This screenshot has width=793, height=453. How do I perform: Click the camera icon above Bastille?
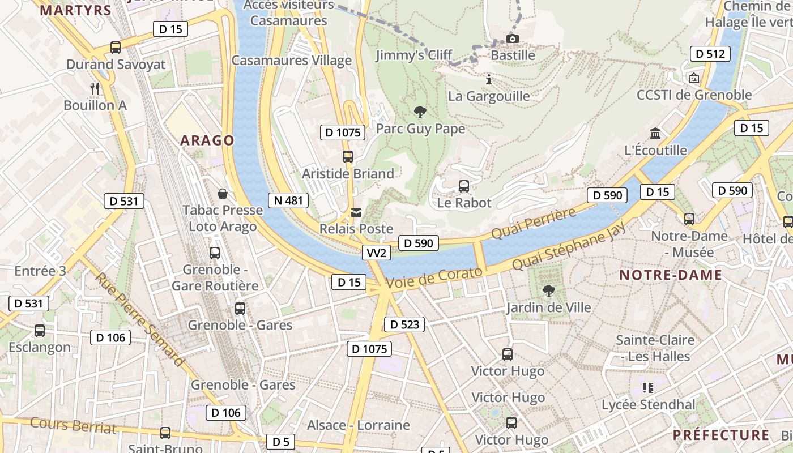[512, 39]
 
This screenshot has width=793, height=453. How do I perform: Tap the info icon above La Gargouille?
[489, 79]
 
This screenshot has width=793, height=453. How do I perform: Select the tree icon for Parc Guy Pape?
[420, 112]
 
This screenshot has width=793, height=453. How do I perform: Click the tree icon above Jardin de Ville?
[548, 291]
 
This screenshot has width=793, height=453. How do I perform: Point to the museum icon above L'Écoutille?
[655, 134]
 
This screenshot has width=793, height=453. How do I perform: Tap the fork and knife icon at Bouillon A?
[95, 88]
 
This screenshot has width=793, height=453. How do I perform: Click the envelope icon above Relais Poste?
[356, 213]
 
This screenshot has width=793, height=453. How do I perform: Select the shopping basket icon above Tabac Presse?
[223, 194]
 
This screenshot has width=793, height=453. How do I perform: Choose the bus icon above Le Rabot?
[463, 186]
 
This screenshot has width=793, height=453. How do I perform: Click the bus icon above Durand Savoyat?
[116, 48]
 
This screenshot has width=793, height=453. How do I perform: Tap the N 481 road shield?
[288, 200]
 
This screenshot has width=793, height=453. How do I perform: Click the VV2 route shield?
[376, 253]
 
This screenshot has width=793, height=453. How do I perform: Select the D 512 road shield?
[710, 54]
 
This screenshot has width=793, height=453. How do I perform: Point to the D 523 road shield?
[404, 324]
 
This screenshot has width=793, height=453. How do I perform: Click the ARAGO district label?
[207, 140]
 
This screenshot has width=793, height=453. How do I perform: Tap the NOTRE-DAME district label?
[670, 275]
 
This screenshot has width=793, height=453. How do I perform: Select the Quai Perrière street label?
[533, 223]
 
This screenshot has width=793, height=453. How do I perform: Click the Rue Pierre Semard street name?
[139, 319]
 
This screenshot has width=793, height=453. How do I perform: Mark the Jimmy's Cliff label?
[414, 55]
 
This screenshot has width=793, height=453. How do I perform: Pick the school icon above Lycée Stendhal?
[648, 388]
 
